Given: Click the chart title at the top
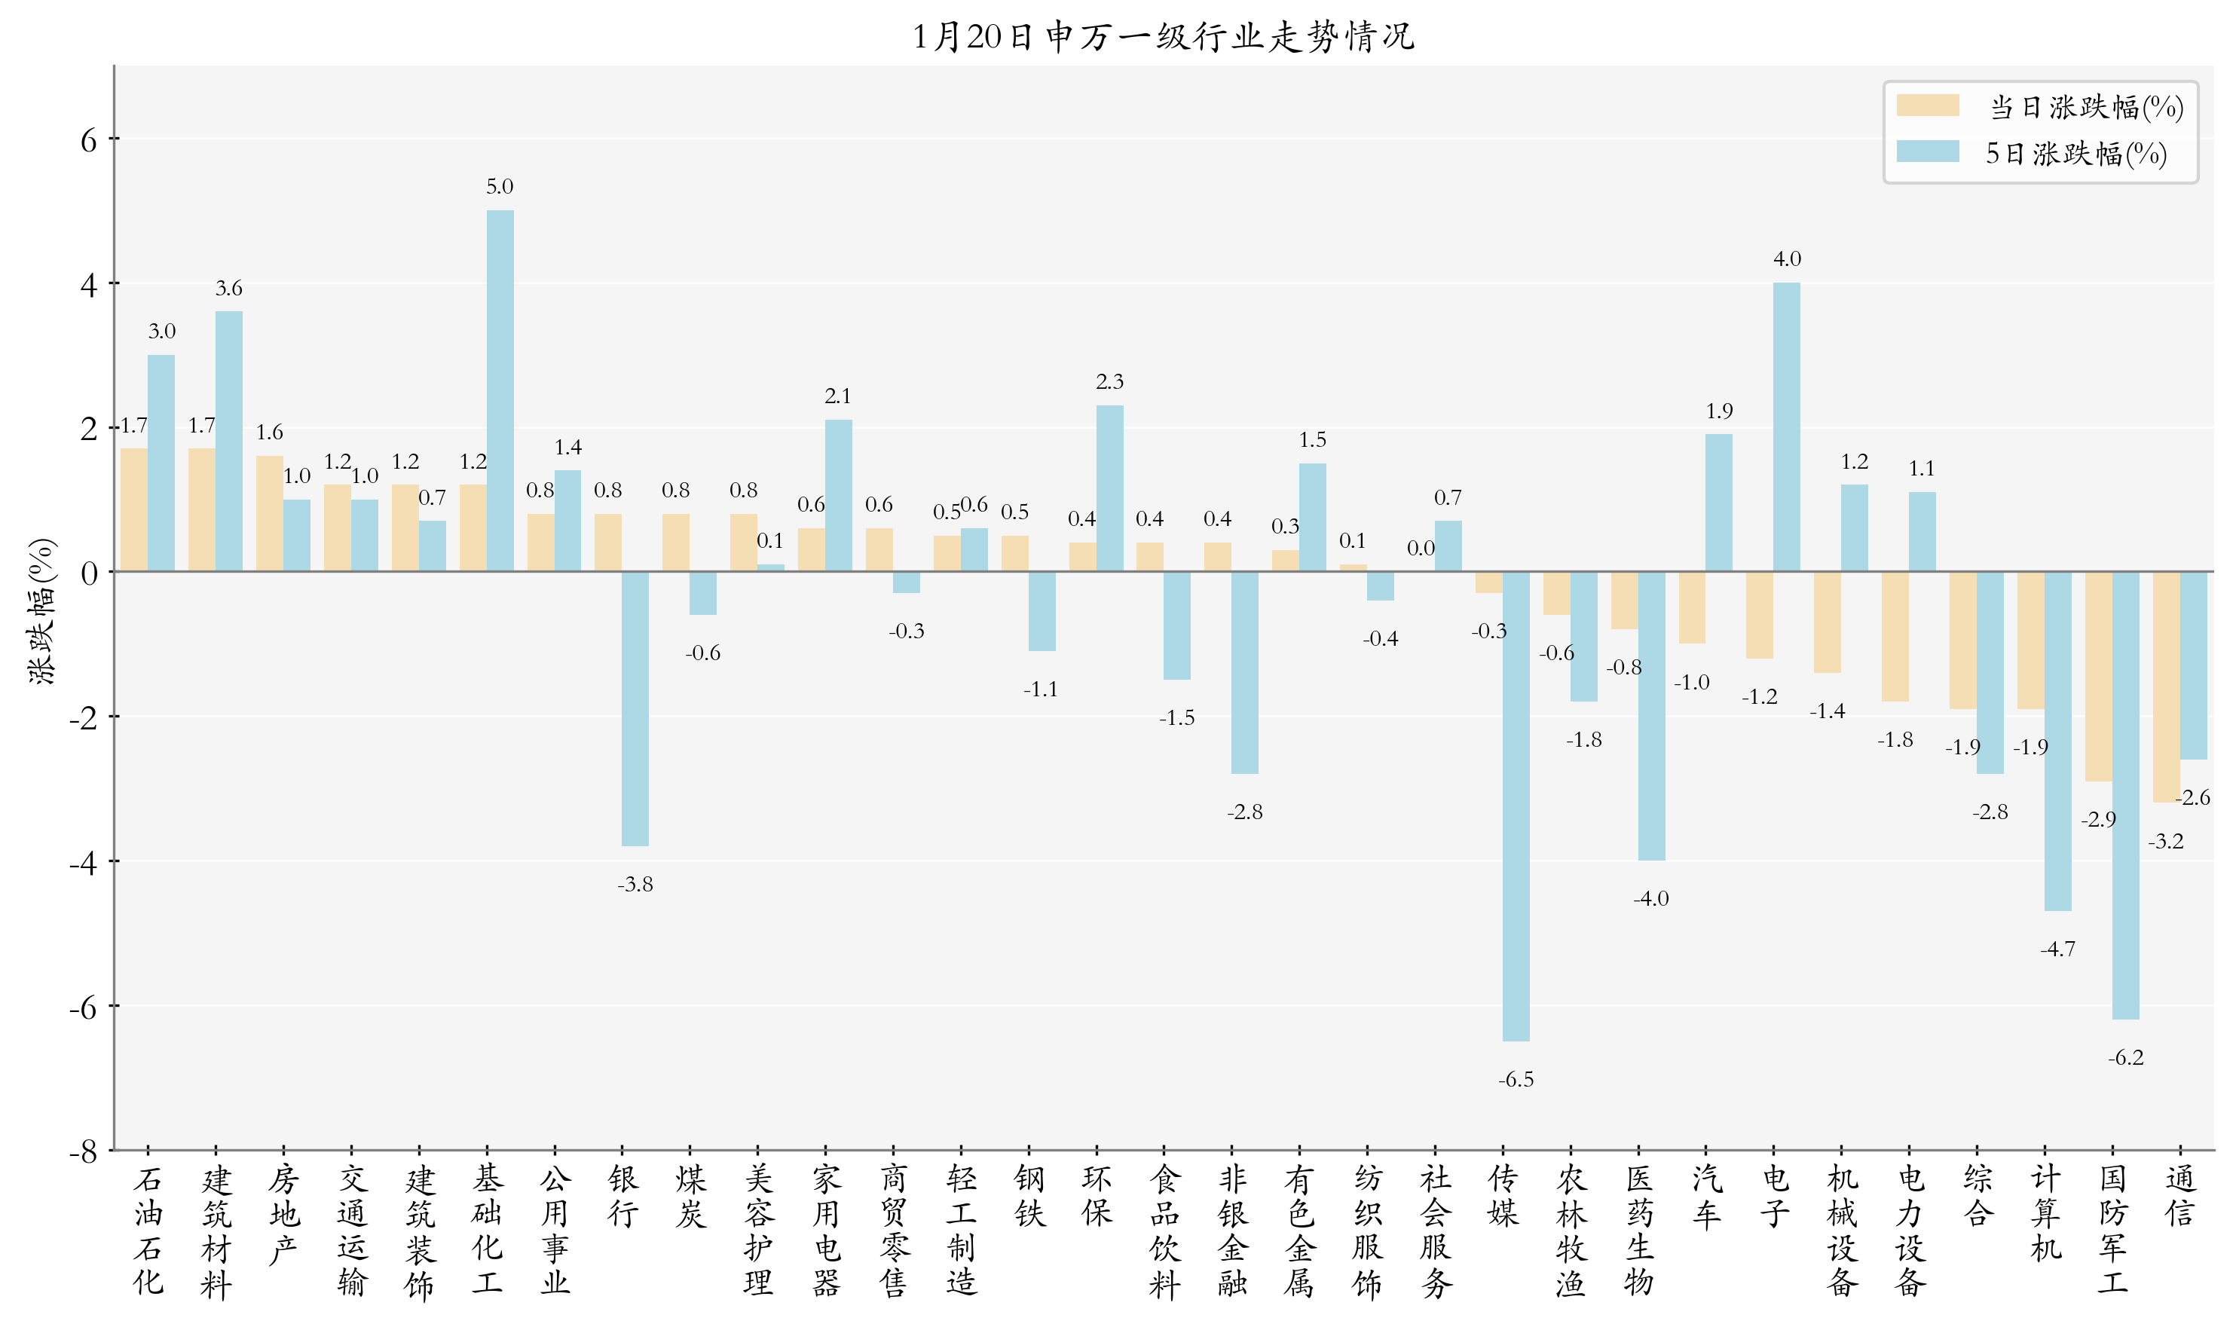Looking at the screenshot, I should coord(1162,37).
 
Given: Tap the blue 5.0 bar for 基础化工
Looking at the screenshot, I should coord(500,391).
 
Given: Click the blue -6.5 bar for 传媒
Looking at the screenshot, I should coord(1516,806).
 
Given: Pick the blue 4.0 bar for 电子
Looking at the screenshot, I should coord(1786,427).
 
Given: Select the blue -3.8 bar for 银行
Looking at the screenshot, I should coord(635,708).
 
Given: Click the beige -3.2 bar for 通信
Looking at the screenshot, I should coord(2165,686).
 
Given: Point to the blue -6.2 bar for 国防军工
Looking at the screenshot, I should coord(2125,795).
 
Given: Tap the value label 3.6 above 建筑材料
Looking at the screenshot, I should coord(229,288).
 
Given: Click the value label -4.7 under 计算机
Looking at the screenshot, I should coord(2057,949).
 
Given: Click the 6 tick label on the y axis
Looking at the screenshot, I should coord(87,140).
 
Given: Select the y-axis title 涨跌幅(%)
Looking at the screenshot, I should coord(42,612).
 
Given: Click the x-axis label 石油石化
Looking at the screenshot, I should coord(148,1231).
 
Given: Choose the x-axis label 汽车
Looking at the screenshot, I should coord(1706,1197).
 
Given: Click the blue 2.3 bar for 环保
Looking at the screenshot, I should coord(1109,488).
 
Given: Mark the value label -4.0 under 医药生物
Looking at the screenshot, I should coord(1650,899).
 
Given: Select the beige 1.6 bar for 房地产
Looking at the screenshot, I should coord(269,513).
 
